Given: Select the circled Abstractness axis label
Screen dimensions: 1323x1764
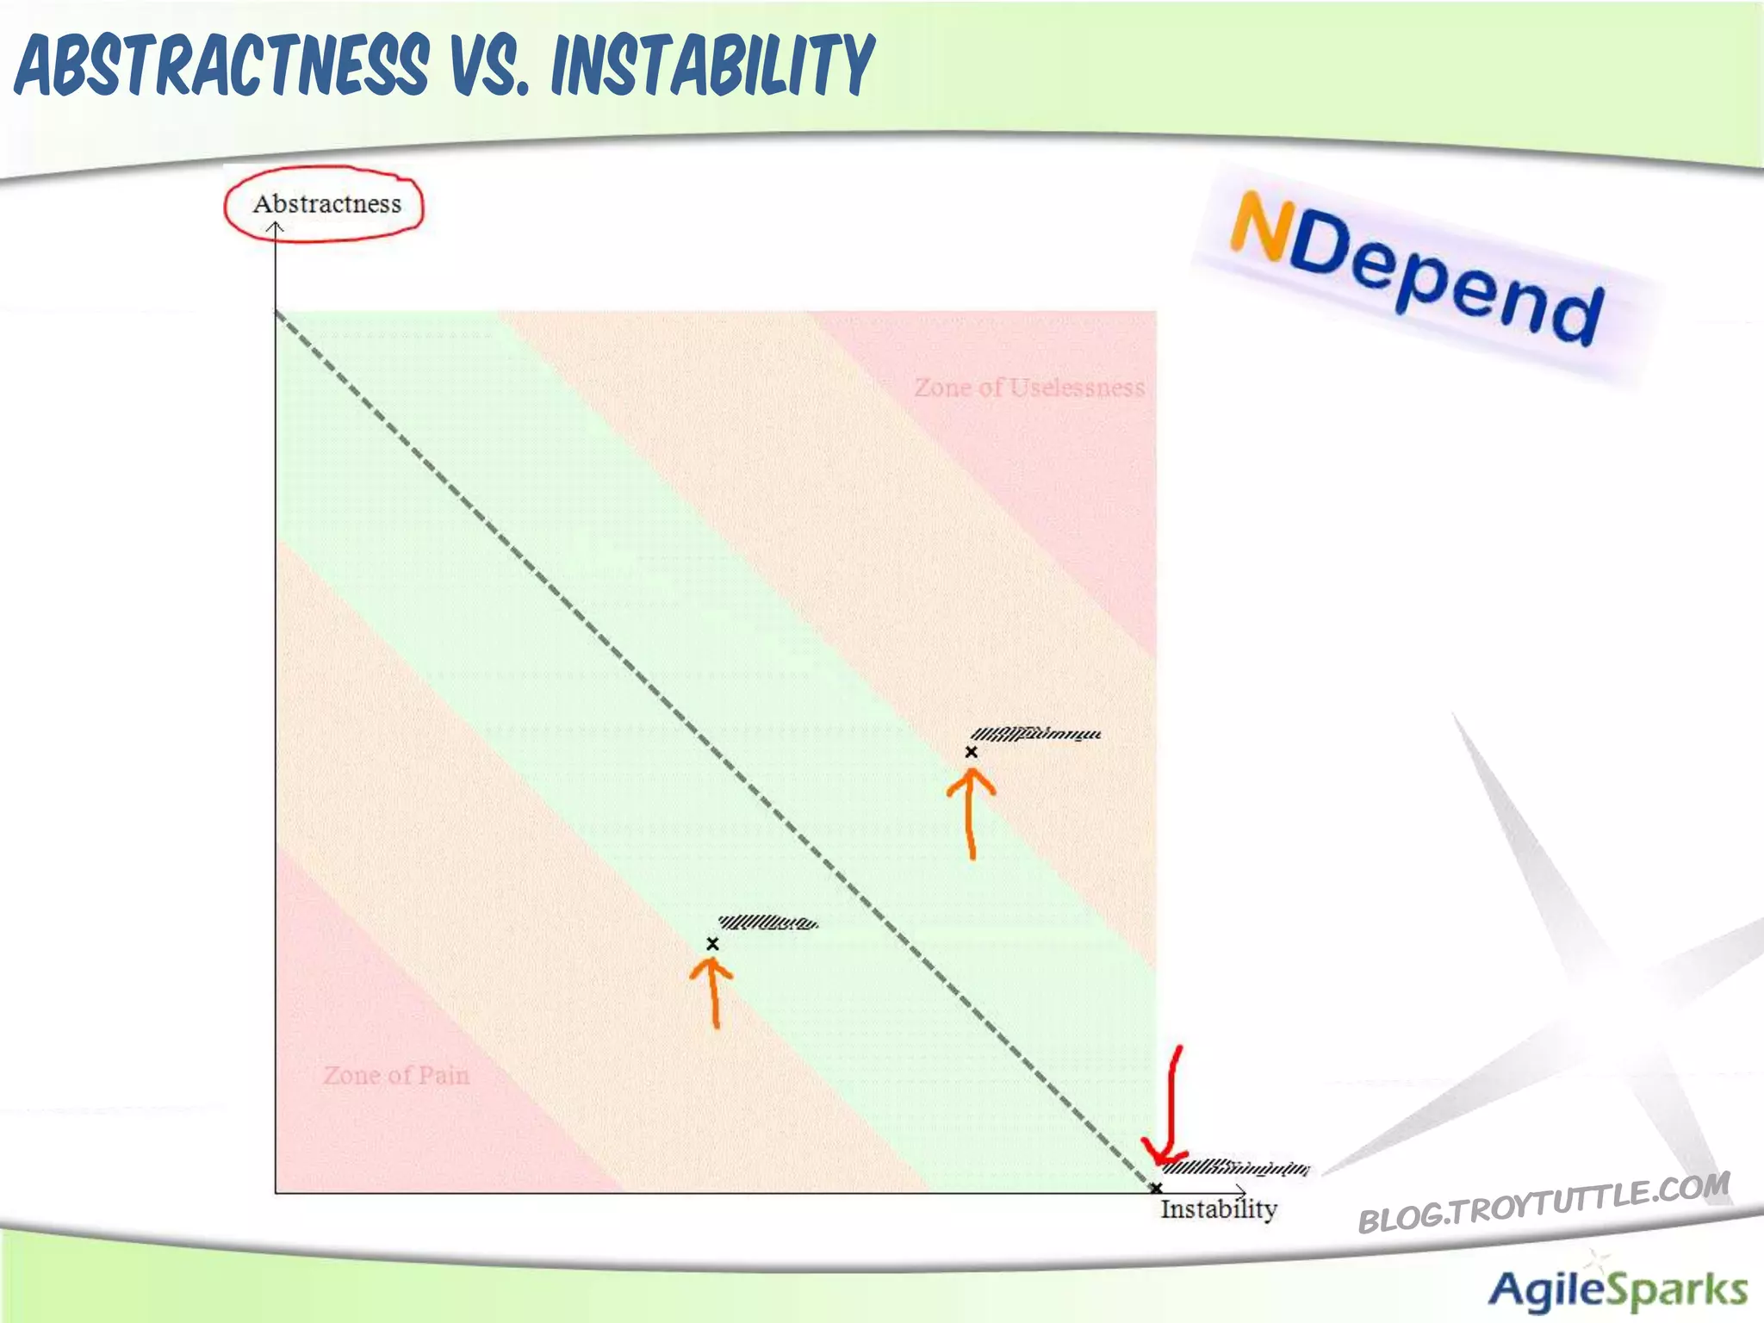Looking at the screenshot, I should [326, 204].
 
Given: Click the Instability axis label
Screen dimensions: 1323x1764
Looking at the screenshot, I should [1218, 1209].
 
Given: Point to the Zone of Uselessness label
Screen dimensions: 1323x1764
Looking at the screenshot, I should [1029, 388].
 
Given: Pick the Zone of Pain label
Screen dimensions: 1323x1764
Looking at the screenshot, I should [396, 1075].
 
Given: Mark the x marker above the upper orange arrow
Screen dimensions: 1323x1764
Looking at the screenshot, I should [971, 752].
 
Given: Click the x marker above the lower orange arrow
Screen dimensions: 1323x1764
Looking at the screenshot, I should [712, 944].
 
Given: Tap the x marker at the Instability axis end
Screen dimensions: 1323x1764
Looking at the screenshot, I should [1156, 1189].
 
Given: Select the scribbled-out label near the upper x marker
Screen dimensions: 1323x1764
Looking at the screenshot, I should [1035, 734].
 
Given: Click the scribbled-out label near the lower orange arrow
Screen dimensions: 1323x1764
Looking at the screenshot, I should [767, 923].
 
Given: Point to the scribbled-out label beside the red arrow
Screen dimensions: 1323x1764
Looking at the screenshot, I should [1236, 1168].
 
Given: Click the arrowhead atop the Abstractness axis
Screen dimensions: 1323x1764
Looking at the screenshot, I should [275, 228].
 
